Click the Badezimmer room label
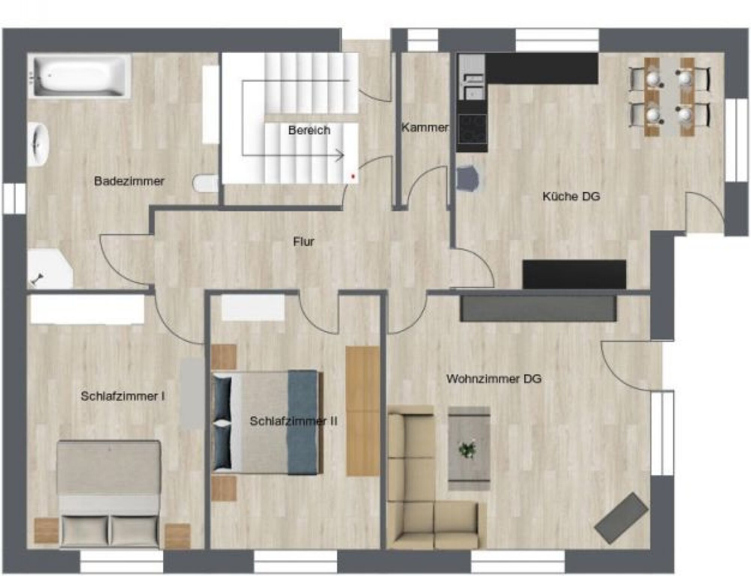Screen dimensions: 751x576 click(x=129, y=181)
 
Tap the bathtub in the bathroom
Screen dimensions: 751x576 click(x=80, y=76)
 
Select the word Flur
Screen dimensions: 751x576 click(x=303, y=241)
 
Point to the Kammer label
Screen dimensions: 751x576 click(x=425, y=128)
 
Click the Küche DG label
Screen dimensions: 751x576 click(x=571, y=196)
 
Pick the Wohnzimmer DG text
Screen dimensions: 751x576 click(x=494, y=378)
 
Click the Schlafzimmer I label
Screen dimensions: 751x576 click(x=123, y=396)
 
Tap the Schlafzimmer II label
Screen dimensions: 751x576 click(x=294, y=421)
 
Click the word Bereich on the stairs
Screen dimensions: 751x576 click(x=309, y=130)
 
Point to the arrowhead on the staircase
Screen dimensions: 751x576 click(x=340, y=155)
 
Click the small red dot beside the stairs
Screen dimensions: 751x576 click(x=353, y=176)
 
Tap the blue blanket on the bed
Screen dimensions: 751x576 click(x=303, y=422)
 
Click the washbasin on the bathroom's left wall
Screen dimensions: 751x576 click(x=39, y=144)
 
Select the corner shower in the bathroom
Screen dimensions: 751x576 click(x=50, y=268)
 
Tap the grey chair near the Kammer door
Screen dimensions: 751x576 click(x=468, y=179)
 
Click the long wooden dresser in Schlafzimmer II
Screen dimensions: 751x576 click(x=362, y=411)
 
